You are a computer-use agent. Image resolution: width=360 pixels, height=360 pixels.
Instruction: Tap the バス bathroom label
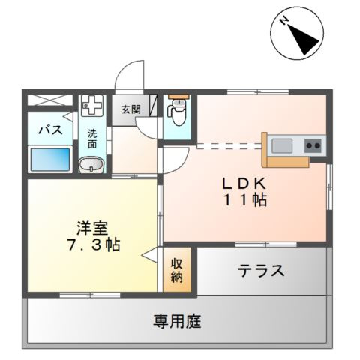click(49, 129)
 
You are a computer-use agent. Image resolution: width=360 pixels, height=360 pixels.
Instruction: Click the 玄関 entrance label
click(130, 109)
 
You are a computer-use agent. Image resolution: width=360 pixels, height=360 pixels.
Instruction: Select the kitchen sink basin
click(284, 144)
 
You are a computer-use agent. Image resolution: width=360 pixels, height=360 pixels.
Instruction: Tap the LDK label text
click(243, 181)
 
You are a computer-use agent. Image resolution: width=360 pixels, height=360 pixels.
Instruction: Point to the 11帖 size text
click(244, 200)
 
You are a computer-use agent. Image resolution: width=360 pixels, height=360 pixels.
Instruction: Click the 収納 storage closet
click(178, 270)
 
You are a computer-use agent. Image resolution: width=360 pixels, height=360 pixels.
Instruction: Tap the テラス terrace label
click(261, 271)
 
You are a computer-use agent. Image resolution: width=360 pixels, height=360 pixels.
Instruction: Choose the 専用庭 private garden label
click(178, 322)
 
